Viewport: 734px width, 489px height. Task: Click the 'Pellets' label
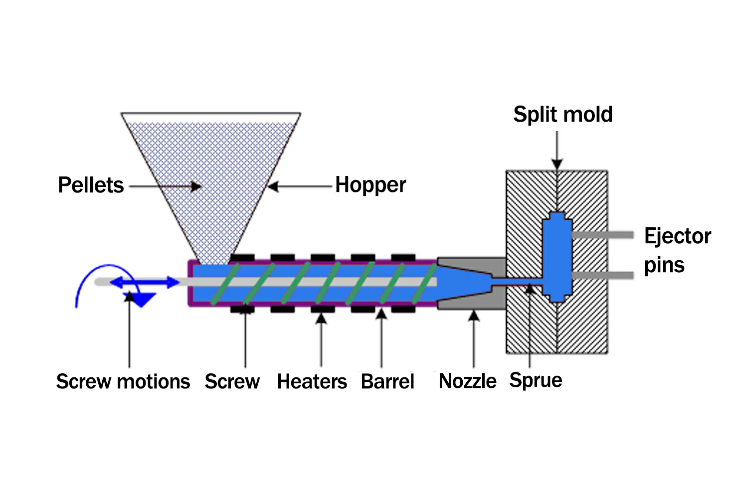pos(91,185)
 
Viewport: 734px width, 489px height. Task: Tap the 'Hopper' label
pos(370,185)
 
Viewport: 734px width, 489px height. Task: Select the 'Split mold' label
pos(562,114)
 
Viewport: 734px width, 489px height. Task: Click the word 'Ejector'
pos(677,236)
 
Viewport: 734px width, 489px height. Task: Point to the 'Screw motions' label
pos(123,381)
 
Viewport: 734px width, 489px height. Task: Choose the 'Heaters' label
pos(312,381)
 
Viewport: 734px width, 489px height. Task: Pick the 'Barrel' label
pos(387,381)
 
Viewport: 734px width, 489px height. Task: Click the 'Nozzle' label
pos(467,381)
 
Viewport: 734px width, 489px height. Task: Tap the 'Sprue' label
pos(536,380)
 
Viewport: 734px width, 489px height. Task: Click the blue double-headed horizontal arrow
pos(144,283)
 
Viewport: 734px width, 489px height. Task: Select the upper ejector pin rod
pos(602,235)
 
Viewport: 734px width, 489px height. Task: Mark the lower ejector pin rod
pos(602,275)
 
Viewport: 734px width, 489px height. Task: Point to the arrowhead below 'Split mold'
pos(557,164)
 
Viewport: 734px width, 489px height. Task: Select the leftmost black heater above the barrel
pos(242,257)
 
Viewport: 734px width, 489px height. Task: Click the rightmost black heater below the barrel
pos(403,310)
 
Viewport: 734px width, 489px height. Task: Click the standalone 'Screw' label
pos(232,381)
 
